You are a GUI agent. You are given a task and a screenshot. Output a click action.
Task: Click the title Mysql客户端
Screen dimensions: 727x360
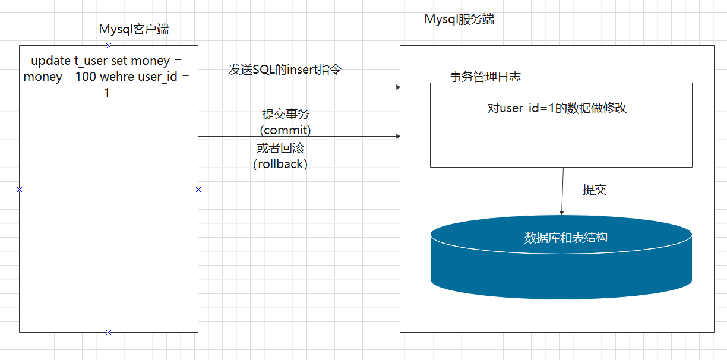(134, 30)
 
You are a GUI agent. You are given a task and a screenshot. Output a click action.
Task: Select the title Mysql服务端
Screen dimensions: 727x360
(459, 20)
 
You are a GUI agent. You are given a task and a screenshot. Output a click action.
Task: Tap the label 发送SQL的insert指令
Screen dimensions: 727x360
(285, 70)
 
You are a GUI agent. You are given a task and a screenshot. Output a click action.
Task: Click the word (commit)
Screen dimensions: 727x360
(285, 130)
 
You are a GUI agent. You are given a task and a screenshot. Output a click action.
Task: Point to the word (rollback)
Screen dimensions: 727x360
(280, 164)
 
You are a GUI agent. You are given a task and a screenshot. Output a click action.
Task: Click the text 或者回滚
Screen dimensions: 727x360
(280, 148)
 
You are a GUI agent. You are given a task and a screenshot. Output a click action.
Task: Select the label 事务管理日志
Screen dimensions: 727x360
(485, 77)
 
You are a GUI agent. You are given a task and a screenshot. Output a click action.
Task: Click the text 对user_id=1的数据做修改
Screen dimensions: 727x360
(557, 108)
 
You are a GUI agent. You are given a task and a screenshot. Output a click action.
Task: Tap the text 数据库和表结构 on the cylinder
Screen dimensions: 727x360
(565, 238)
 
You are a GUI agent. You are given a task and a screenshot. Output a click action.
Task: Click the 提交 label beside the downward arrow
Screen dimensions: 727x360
(595, 190)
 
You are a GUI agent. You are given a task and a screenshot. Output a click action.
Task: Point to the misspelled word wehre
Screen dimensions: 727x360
(117, 77)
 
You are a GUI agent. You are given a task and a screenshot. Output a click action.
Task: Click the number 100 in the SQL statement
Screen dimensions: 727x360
(86, 77)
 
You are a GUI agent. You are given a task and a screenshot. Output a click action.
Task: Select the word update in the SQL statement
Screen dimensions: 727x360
(50, 61)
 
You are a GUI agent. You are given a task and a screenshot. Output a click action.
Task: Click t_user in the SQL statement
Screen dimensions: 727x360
(91, 61)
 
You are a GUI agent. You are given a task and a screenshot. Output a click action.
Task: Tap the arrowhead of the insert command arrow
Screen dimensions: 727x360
(398, 87)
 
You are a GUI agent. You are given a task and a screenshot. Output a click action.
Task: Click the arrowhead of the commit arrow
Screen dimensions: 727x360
(398, 137)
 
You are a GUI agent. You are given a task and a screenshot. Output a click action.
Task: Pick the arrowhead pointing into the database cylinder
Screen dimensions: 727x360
(562, 213)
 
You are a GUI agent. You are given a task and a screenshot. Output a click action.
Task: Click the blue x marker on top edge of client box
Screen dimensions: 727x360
(109, 46)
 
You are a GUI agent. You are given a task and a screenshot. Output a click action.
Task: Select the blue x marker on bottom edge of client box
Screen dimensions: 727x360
(109, 333)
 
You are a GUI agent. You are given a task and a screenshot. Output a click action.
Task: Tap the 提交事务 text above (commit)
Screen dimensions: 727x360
(286, 114)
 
